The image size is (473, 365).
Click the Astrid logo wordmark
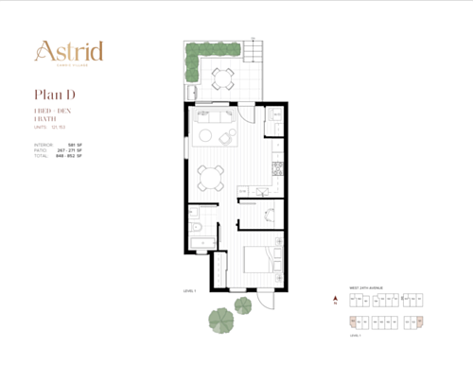(x=69, y=50)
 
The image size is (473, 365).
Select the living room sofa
(x=210, y=120)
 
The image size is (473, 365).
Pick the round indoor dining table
(x=211, y=173)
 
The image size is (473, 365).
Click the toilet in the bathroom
(x=192, y=230)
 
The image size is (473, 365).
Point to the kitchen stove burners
(x=278, y=169)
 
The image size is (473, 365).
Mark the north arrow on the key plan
(x=334, y=304)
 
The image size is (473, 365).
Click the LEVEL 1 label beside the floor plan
(x=189, y=291)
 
